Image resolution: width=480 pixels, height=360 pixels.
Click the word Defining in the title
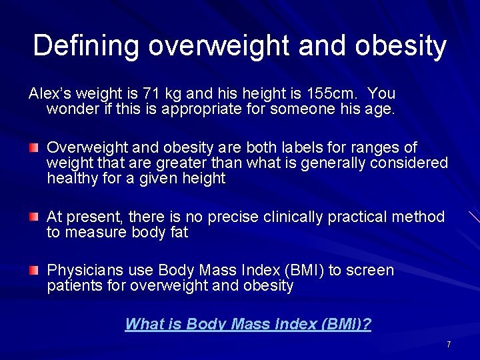[x=86, y=46]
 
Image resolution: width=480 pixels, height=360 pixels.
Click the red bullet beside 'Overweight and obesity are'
[x=33, y=147]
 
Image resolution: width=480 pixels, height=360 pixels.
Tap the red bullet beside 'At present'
[x=33, y=217]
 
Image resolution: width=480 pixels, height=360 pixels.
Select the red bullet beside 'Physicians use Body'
[x=33, y=270]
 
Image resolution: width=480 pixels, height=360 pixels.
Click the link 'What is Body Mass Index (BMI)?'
[x=248, y=325]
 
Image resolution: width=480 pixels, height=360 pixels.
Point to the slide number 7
[x=449, y=345]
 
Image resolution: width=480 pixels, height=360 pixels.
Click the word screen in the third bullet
[x=371, y=271]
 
